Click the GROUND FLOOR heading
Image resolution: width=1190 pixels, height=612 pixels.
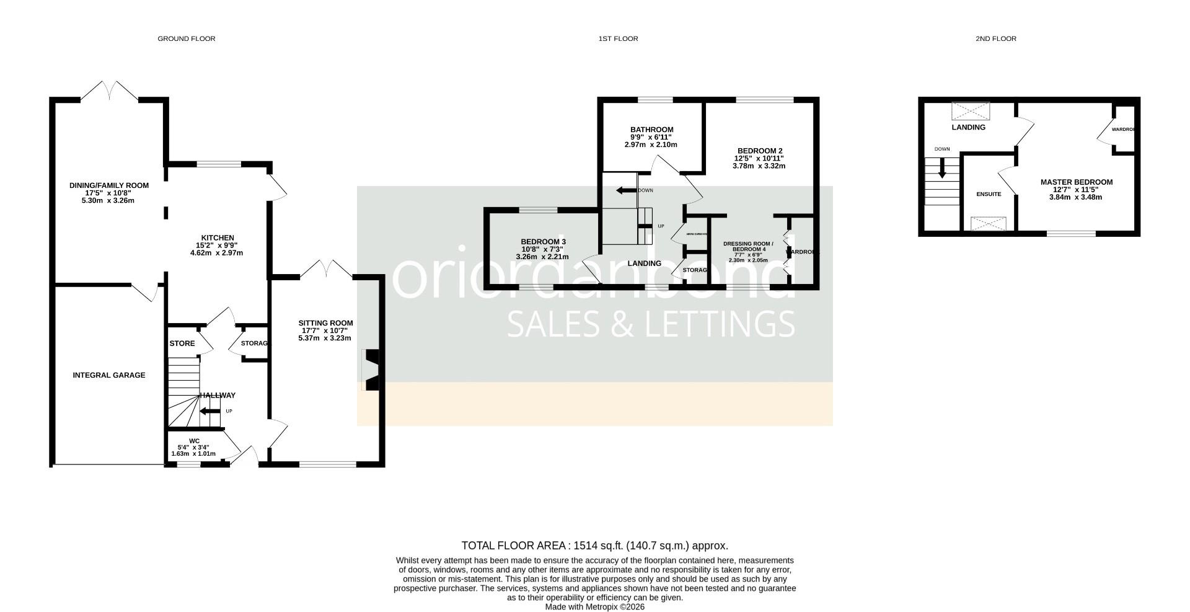tap(186, 38)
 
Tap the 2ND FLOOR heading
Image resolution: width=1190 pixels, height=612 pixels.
tap(995, 38)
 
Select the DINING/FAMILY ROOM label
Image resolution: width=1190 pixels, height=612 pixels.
tap(109, 185)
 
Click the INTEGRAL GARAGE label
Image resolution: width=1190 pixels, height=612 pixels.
tap(109, 375)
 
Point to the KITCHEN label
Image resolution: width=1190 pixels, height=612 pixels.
tap(218, 237)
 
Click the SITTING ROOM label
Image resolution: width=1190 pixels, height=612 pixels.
tap(325, 323)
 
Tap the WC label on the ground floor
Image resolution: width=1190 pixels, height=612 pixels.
tap(193, 441)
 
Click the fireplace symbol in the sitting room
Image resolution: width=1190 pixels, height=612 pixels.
tap(372, 370)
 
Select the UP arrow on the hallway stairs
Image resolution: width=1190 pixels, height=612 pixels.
tap(208, 411)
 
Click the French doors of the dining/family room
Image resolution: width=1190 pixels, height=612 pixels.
tap(110, 91)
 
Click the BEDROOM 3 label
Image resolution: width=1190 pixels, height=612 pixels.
tap(543, 242)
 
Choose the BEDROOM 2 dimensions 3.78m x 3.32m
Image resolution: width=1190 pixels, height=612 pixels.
tap(759, 166)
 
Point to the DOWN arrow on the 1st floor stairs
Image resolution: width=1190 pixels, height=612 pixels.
tap(626, 190)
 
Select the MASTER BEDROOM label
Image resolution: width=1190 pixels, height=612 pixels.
tap(1076, 182)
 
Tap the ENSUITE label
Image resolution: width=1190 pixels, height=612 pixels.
tap(989, 194)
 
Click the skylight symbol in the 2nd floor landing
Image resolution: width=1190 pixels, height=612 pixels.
tap(971, 111)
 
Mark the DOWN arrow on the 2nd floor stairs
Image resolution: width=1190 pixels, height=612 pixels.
tap(942, 169)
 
